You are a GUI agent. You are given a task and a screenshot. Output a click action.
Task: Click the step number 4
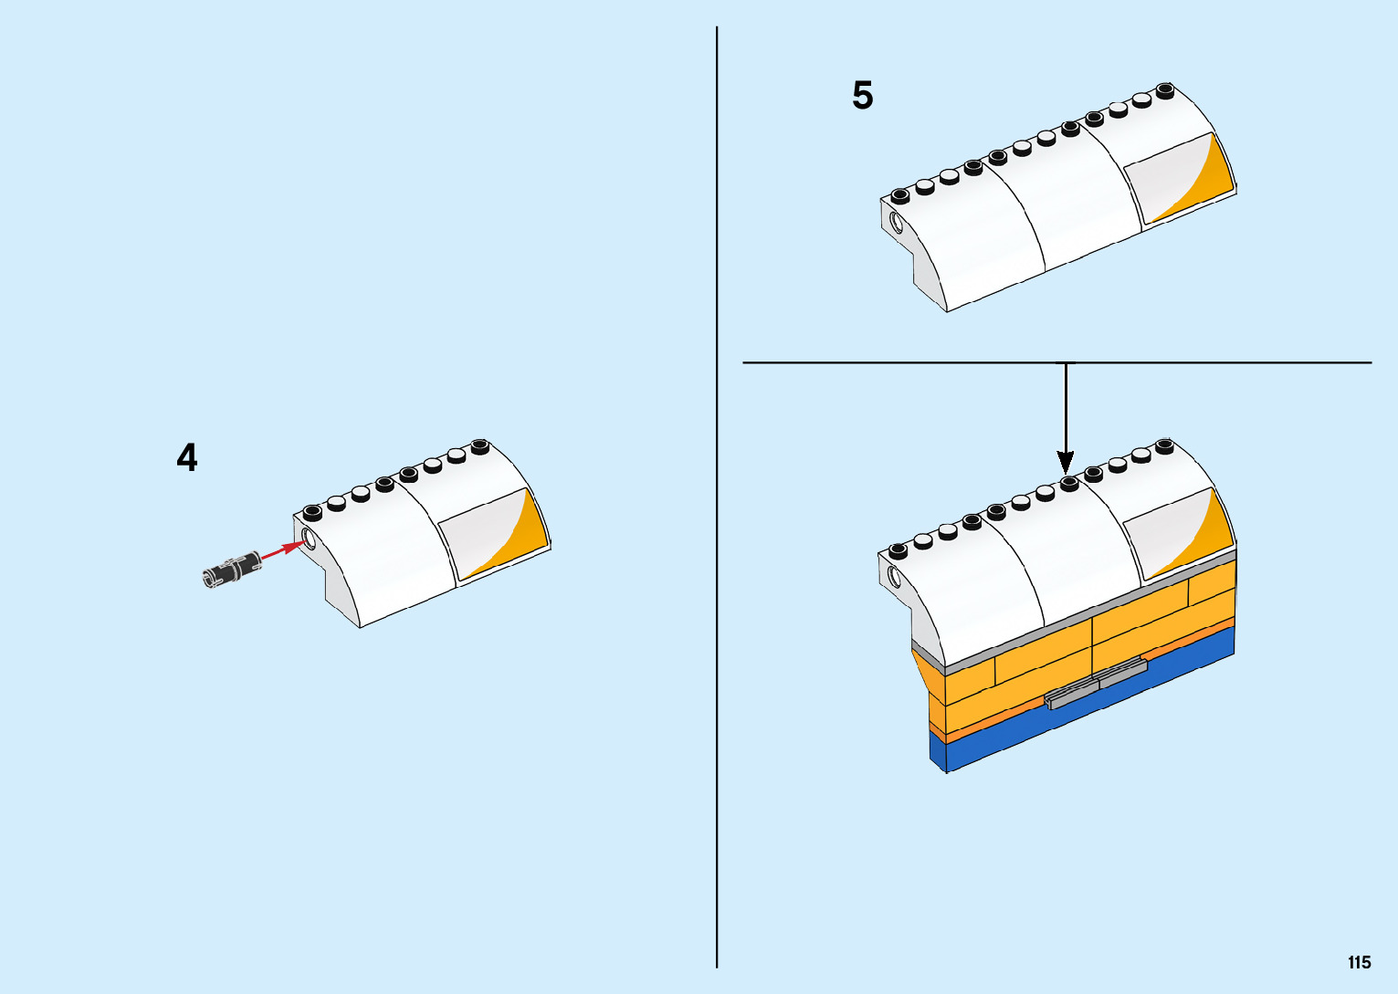(186, 457)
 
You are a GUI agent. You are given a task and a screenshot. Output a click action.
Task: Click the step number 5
(862, 96)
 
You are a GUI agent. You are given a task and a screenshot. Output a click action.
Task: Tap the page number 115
(1359, 962)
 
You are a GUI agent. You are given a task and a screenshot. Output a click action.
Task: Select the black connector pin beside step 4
(231, 570)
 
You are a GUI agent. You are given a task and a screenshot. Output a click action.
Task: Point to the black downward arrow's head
(1066, 461)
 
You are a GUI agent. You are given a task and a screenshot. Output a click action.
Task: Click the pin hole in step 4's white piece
(309, 538)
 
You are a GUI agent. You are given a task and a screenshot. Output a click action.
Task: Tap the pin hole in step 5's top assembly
(896, 222)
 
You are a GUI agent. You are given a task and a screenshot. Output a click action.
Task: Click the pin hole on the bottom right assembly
(894, 577)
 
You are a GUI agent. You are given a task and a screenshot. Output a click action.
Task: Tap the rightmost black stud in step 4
(480, 445)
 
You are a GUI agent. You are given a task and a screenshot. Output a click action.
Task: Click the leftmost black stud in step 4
(312, 511)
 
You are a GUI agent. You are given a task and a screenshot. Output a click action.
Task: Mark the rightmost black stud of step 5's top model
(1164, 89)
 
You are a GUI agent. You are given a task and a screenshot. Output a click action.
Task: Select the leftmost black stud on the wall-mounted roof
(898, 549)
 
